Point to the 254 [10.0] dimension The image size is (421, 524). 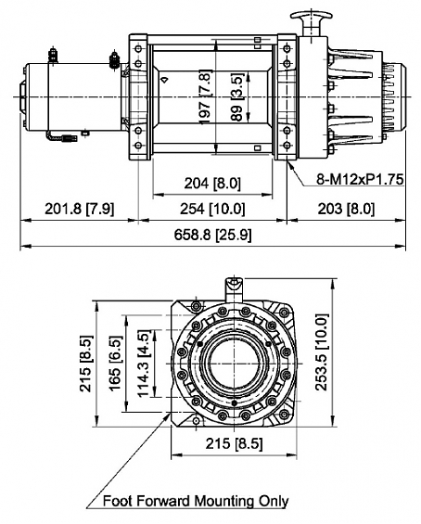click(x=212, y=209)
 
